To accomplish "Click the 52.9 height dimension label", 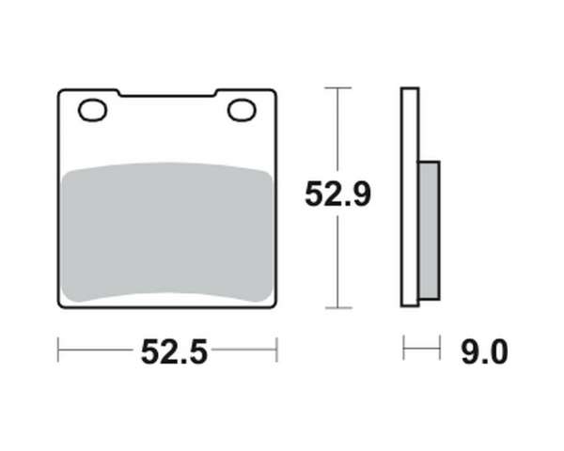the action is (337, 194).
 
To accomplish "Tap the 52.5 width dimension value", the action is (174, 352).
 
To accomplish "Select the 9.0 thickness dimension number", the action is (484, 351).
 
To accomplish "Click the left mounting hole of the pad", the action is (92, 110).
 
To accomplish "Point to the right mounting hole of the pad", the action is (242, 110).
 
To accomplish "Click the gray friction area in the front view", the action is (167, 232).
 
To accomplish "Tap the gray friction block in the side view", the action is (430, 230).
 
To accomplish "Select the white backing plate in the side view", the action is (410, 197).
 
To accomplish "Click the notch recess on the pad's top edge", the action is (167, 94).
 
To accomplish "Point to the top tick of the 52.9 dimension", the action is (337, 87).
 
